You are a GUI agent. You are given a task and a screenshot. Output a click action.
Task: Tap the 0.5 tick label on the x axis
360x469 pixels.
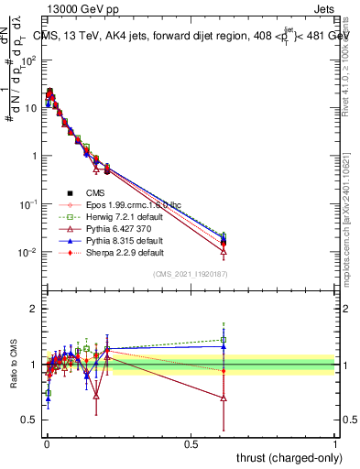(x=191, y=443)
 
